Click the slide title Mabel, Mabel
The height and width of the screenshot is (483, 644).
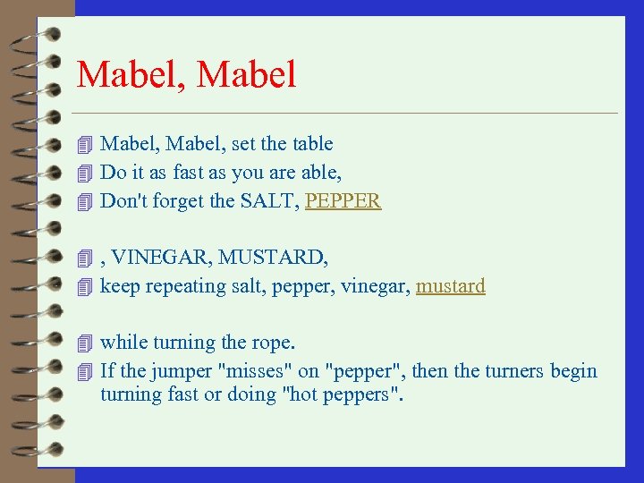[x=186, y=75]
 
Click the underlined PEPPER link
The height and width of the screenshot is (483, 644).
[x=343, y=201]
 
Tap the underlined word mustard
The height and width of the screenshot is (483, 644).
[x=451, y=286]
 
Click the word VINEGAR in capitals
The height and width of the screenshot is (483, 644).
[x=157, y=258]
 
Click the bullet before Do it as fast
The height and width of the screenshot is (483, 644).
[x=85, y=173]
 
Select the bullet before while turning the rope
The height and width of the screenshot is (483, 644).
[x=85, y=343]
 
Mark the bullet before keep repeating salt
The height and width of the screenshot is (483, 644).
[x=85, y=287]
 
